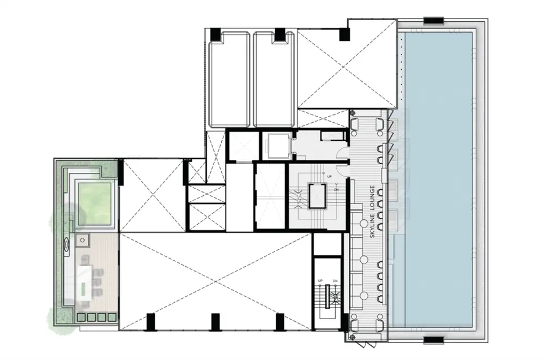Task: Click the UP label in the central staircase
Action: [330, 176]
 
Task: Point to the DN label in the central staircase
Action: [336, 190]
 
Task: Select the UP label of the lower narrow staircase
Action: [320, 281]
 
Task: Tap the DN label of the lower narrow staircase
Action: [335, 281]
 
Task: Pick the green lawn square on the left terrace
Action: [94, 204]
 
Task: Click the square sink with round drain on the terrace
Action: [83, 241]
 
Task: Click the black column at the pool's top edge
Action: [433, 21]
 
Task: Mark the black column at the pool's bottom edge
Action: [433, 340]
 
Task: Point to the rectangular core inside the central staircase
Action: [317, 196]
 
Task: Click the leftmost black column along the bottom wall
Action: [150, 322]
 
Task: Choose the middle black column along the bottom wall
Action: [215, 322]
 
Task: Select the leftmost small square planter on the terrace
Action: [81, 317]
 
